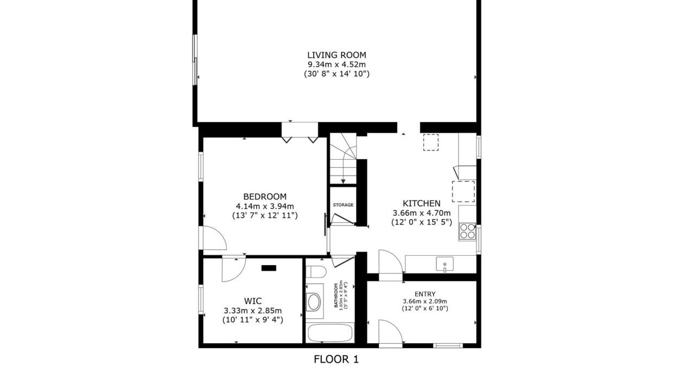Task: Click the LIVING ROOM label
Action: point(336,55)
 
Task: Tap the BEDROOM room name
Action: point(265,197)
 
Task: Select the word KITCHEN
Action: point(422,203)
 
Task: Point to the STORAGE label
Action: point(343,205)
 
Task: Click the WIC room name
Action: point(253,301)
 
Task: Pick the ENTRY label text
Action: point(425,294)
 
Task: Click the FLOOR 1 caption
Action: point(336,359)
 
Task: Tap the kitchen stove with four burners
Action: point(467,231)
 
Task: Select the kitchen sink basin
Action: point(445,264)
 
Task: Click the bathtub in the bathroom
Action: point(330,333)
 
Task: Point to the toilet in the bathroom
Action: point(316,272)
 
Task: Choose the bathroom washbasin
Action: point(314,302)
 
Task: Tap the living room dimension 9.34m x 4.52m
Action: point(336,64)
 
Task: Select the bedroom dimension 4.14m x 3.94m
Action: point(265,206)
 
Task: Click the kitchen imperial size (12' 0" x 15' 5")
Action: point(422,223)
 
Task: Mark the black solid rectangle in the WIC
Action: point(269,268)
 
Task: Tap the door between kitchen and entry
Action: point(391,262)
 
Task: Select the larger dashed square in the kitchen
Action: point(464,192)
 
